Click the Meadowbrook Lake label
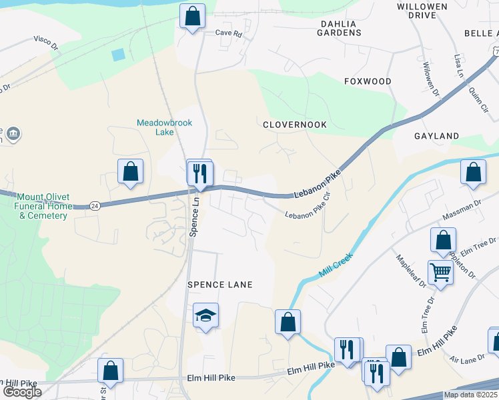click(155, 127)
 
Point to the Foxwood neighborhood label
click(368, 81)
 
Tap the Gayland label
click(436, 136)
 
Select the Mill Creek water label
click(335, 259)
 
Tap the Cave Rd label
click(227, 33)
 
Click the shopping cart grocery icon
click(440, 272)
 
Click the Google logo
click(21, 392)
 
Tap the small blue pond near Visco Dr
click(118, 55)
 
